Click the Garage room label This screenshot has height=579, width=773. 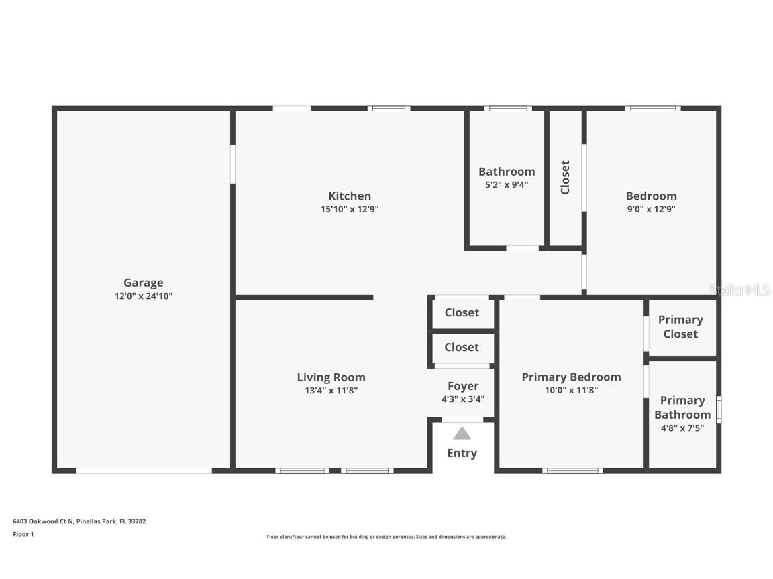144,283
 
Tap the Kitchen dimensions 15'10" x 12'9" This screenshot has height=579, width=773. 350,209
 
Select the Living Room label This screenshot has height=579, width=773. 331,378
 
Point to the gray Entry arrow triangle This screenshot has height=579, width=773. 462,434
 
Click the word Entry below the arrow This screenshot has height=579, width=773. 462,454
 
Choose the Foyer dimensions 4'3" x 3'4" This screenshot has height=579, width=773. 463,399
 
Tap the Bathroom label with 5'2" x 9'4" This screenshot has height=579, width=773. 507,172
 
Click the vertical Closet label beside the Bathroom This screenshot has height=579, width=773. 566,177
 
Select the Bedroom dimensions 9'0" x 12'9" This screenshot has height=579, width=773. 652,209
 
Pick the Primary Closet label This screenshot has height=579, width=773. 681,327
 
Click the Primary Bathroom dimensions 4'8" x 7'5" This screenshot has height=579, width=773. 682,428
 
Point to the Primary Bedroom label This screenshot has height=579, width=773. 572,377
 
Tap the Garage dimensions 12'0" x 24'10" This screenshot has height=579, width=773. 144,296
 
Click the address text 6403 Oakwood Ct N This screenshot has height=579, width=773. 44,521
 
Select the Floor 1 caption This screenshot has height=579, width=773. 23,534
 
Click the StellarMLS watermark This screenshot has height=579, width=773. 740,290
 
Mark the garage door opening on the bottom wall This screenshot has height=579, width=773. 144,471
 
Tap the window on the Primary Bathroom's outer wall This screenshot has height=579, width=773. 719,409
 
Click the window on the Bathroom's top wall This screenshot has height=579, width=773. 508,109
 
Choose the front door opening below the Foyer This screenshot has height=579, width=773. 462,420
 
